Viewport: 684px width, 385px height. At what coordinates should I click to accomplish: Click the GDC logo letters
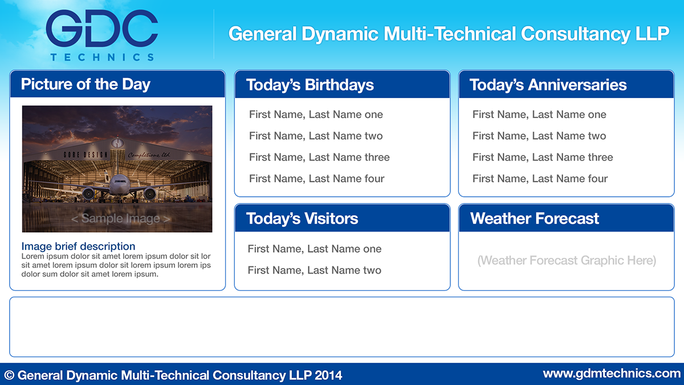101,29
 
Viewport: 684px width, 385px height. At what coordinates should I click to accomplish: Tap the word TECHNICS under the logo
102,57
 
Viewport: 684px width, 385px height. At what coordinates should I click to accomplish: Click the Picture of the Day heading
85,84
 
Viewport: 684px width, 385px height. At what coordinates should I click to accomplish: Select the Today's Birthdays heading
310,85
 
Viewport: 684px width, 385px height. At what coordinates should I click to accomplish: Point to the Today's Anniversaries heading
548,84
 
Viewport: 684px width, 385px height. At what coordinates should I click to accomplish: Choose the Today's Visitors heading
302,218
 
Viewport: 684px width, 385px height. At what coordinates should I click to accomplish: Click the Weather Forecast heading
535,218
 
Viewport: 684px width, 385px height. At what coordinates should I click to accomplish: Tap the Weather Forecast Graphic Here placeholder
567,260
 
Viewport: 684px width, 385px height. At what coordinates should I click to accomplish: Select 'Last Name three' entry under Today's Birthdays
319,157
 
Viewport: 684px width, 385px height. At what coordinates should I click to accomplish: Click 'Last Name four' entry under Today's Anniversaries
540,179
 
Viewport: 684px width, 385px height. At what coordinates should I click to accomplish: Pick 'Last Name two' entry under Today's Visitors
315,270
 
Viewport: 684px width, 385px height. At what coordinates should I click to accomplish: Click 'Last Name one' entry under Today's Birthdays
316,114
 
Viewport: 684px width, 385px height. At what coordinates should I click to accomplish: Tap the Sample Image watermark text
121,218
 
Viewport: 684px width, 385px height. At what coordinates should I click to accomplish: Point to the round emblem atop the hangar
117,143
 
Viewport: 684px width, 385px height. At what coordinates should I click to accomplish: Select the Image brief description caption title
78,246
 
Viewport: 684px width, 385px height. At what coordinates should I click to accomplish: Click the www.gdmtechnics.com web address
612,374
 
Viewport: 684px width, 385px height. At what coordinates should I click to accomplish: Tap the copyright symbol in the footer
10,375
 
